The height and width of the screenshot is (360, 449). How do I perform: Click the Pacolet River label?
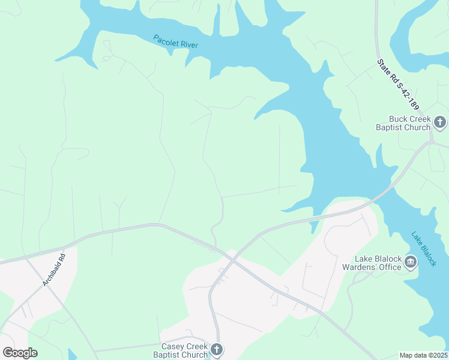click(176, 41)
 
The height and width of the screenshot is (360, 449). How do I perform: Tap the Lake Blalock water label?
click(424, 249)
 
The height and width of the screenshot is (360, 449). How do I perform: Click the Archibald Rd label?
click(53, 272)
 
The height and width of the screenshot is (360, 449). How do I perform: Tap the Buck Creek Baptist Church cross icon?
click(440, 122)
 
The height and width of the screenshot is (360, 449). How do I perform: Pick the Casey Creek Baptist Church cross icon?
click(217, 349)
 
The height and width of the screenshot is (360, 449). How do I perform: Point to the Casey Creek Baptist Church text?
click(184, 350)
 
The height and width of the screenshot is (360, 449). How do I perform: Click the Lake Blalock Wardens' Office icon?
click(411, 262)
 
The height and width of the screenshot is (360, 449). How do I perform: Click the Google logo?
click(20, 352)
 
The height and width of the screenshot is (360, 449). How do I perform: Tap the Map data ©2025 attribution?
click(423, 355)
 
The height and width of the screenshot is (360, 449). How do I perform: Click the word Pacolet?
click(166, 40)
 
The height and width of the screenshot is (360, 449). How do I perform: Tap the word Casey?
click(173, 346)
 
